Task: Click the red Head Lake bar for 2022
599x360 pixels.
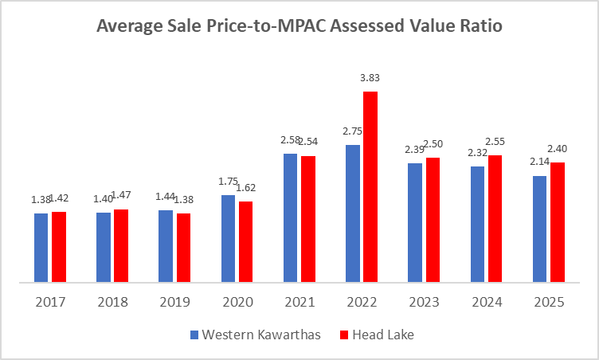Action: (370, 186)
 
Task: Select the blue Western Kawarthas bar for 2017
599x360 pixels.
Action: (41, 248)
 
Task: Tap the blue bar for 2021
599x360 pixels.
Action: (290, 217)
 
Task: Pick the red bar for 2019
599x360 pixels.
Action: (183, 248)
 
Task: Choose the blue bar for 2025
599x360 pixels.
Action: (539, 229)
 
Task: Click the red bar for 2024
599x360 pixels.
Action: (495, 218)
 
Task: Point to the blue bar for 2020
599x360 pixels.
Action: (228, 238)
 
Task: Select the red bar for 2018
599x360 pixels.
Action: (121, 245)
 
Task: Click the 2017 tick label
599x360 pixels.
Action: (49, 303)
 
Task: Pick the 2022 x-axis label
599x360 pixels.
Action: (362, 303)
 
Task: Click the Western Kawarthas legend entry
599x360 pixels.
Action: (254, 335)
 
